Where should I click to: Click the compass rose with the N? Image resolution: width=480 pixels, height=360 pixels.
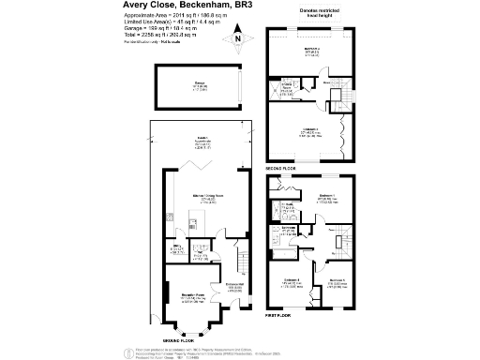(x=238, y=39)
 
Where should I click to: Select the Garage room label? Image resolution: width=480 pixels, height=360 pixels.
(x=198, y=86)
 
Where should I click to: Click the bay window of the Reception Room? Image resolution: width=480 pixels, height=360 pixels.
(x=192, y=328)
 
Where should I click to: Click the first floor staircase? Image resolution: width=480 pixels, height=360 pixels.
(x=343, y=239)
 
